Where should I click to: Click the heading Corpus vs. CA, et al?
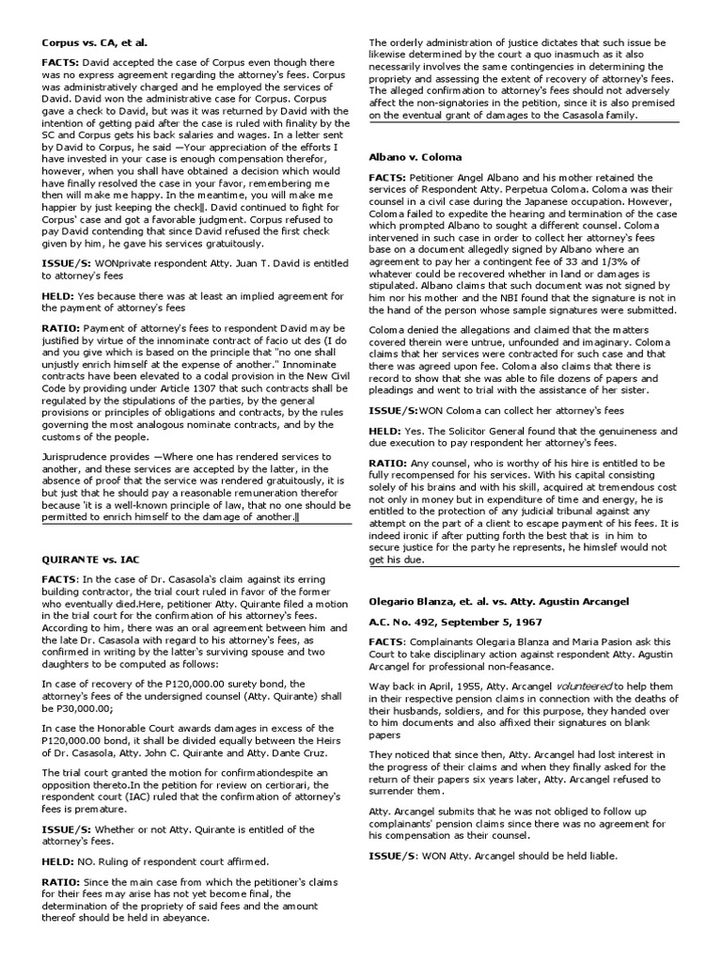point(95,43)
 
